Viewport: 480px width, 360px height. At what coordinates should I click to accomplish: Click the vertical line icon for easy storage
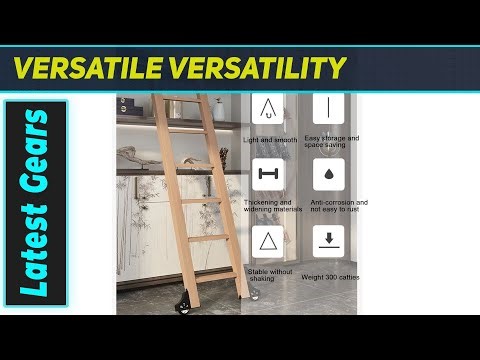coord(328,107)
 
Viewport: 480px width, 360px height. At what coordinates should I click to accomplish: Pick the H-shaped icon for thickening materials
coord(267,174)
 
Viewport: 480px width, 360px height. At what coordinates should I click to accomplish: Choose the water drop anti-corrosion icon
coord(328,174)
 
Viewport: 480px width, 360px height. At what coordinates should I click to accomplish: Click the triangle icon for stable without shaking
coord(267,241)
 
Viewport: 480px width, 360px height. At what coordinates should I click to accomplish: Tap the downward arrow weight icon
coord(328,241)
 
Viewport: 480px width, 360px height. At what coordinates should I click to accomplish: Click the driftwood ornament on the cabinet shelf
coord(139,155)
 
